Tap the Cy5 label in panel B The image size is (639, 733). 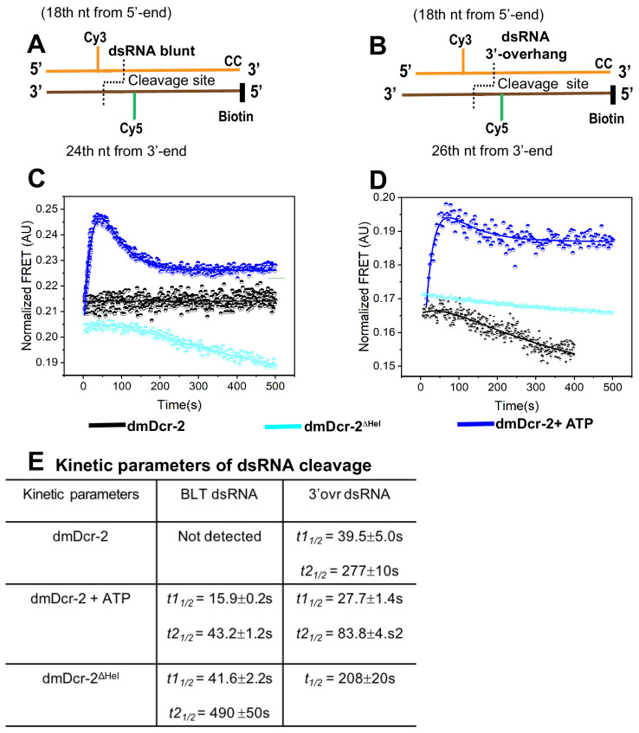click(x=497, y=129)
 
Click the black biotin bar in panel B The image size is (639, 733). click(x=613, y=94)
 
